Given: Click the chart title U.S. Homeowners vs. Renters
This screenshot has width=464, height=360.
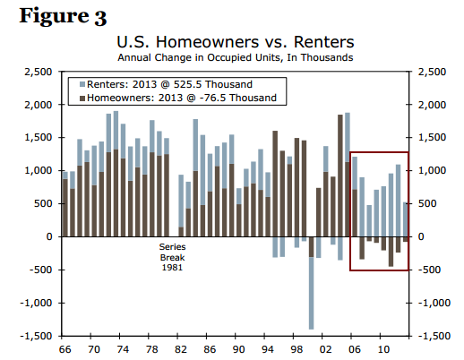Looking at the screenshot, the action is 236,42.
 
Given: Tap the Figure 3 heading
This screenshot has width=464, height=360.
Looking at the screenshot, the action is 63,16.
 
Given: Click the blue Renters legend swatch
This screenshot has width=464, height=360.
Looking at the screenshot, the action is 82,84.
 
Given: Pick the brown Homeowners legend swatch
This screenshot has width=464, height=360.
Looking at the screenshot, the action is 82,98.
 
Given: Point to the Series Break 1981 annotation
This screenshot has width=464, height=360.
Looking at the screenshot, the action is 172,257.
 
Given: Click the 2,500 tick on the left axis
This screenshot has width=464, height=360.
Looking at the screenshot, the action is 38,72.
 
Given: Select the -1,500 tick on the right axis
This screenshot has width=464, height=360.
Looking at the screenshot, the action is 434,336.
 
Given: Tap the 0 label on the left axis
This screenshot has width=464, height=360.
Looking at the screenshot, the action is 49,236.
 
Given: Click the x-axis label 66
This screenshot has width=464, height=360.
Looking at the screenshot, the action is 65,349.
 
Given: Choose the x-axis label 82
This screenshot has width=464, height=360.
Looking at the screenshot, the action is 181,349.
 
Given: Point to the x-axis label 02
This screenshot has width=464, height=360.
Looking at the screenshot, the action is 325,349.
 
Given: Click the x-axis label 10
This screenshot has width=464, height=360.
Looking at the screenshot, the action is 383,349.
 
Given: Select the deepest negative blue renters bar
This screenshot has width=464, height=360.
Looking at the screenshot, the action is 311,293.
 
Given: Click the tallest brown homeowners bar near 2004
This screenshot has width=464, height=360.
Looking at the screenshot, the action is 340,176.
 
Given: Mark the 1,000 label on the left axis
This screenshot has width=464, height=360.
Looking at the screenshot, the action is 38,171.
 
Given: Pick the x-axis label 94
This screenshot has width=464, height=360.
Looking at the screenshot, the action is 268,349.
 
